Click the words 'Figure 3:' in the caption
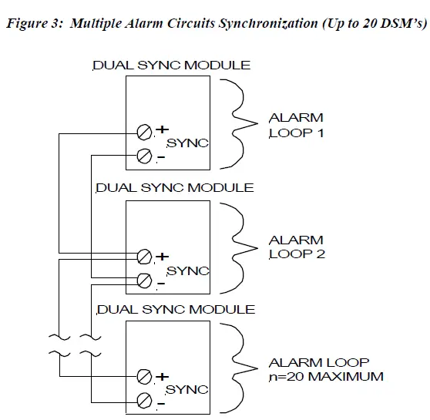coord(32,24)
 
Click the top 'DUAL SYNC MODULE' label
coord(171,66)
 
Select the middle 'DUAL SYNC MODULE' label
coord(173,188)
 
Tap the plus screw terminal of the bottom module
coord(143,377)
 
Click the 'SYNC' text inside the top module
coord(187,144)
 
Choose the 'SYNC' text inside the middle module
coord(188,270)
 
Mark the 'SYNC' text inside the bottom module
coord(187,390)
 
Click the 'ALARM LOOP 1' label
coord(296,125)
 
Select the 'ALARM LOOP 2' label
coord(296,247)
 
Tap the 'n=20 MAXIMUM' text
coord(326,377)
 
